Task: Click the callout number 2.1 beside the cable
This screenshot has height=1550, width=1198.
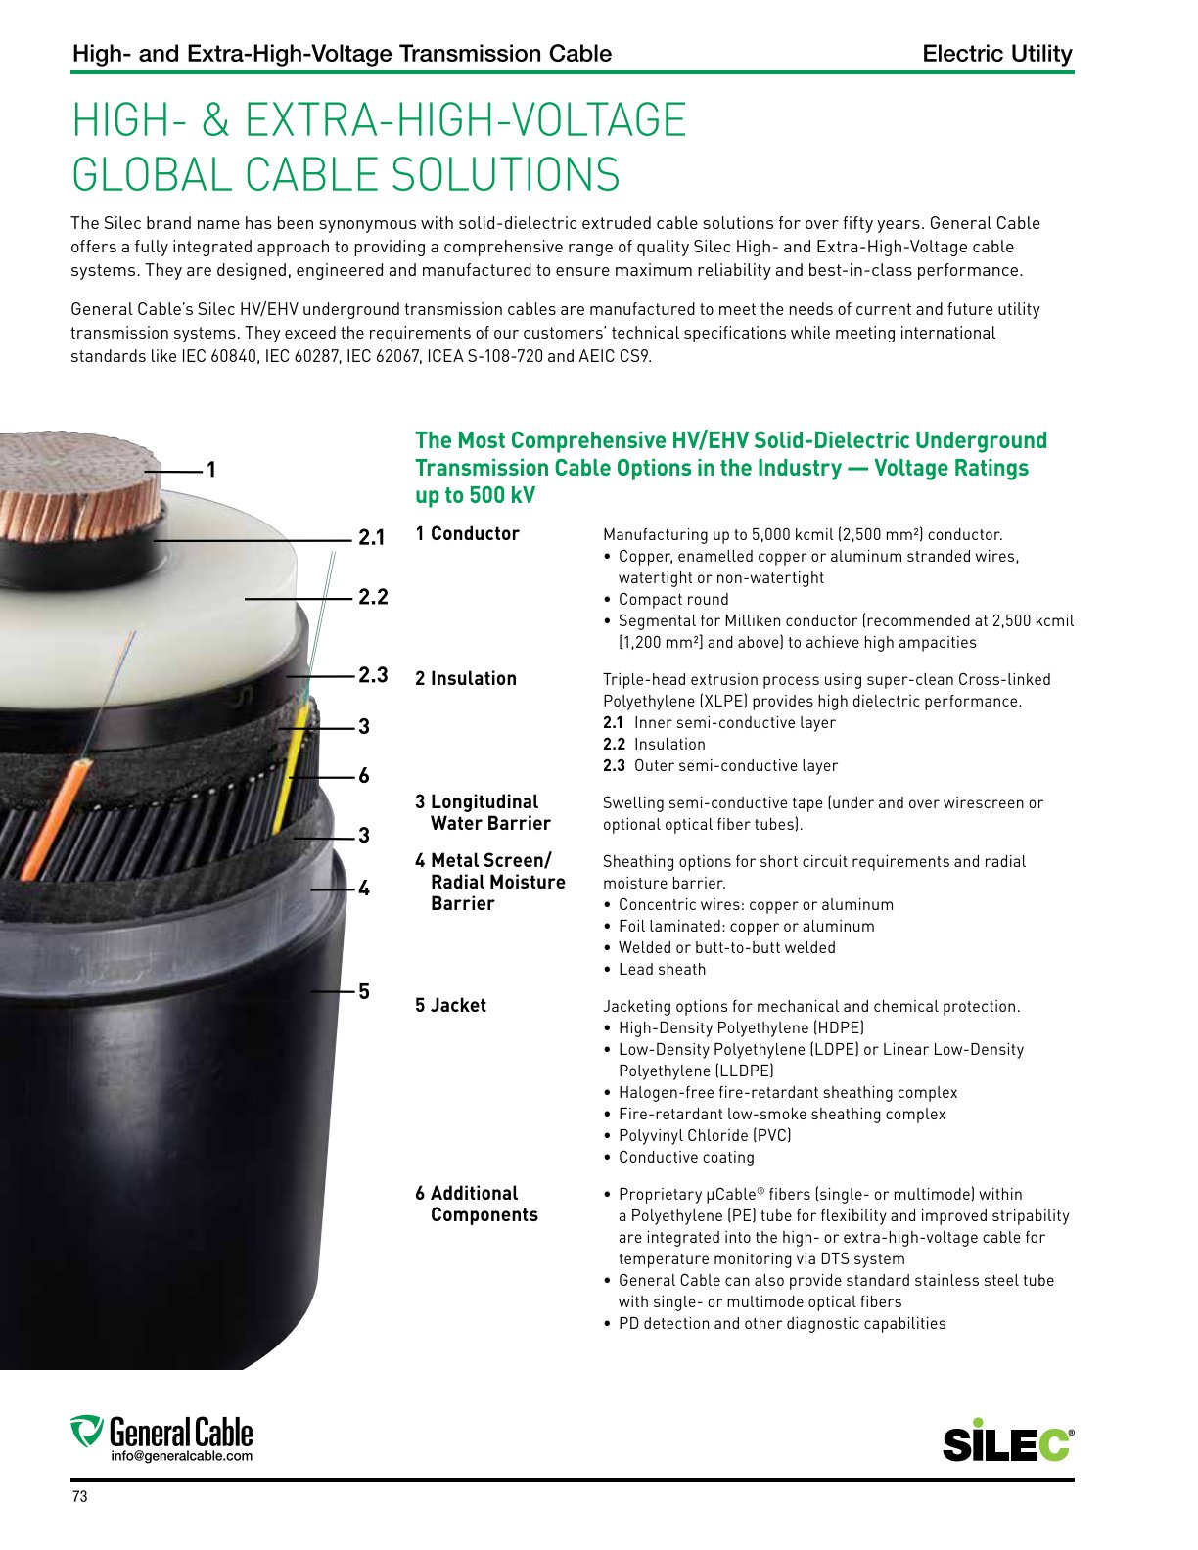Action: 371,537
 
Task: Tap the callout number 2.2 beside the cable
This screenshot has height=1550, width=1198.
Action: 373,596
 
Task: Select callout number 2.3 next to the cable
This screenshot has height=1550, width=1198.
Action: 373,675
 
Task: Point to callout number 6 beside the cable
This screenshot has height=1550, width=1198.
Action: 364,775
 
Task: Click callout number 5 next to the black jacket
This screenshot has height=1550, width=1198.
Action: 364,991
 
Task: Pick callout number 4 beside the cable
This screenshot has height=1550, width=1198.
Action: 364,889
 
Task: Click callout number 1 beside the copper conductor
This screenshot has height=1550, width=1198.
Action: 211,470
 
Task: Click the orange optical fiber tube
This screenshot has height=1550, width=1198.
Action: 56,819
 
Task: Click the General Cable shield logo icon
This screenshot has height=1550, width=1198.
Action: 87,1432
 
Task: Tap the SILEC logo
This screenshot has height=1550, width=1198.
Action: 1008,1440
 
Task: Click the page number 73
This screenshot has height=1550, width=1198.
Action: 80,1496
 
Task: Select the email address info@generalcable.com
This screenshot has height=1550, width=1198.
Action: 181,1456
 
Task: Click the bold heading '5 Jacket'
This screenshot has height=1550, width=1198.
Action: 450,1006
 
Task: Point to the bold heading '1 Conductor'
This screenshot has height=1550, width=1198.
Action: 467,534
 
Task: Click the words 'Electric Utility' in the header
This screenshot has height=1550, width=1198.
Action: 997,54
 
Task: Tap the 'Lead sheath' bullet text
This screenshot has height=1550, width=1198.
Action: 663,970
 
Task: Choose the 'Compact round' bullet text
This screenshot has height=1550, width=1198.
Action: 673,600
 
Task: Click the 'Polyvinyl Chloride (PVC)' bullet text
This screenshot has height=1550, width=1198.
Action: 705,1135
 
